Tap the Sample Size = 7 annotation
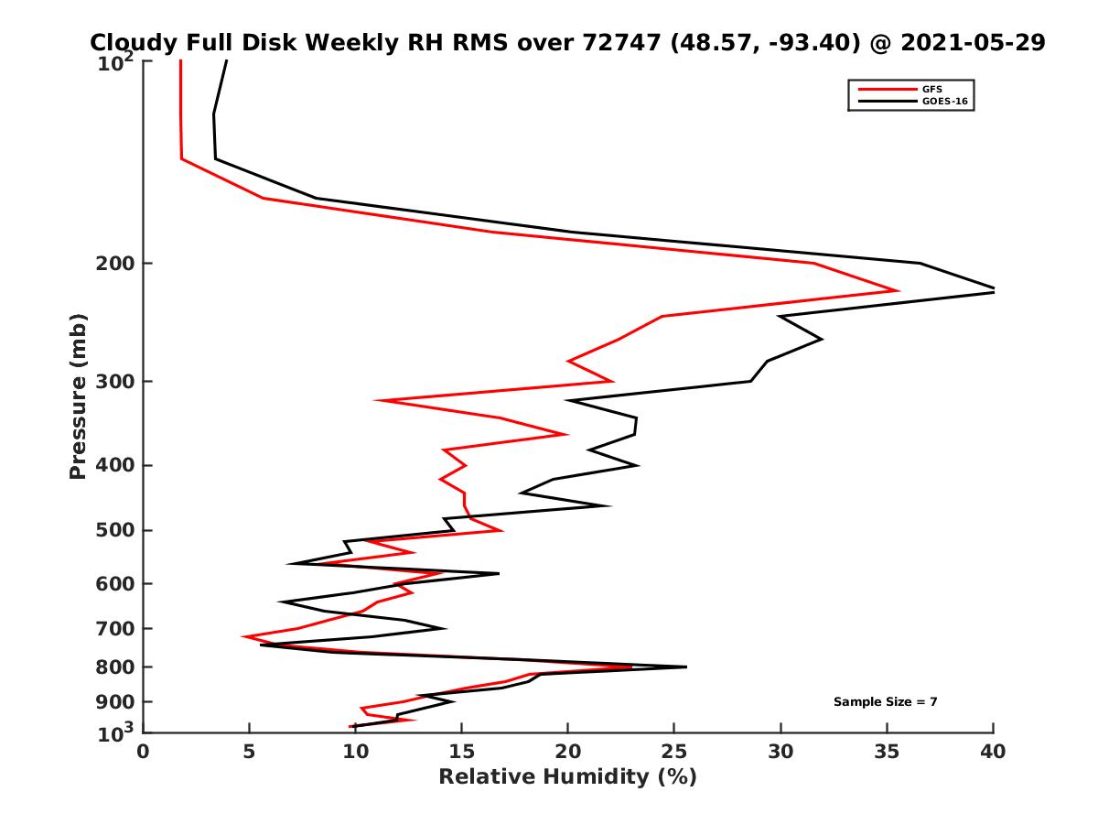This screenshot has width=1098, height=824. tap(885, 701)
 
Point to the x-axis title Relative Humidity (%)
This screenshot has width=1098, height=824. tap(567, 777)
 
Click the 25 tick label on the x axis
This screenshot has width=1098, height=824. tap(673, 752)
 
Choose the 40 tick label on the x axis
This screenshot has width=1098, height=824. tap(993, 752)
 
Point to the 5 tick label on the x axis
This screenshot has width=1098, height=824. tap(249, 752)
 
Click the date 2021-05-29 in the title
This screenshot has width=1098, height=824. tap(973, 42)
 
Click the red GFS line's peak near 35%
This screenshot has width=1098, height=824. tap(898, 291)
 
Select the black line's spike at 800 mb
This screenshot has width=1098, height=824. tap(685, 667)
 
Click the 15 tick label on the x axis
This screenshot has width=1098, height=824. tap(461, 752)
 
